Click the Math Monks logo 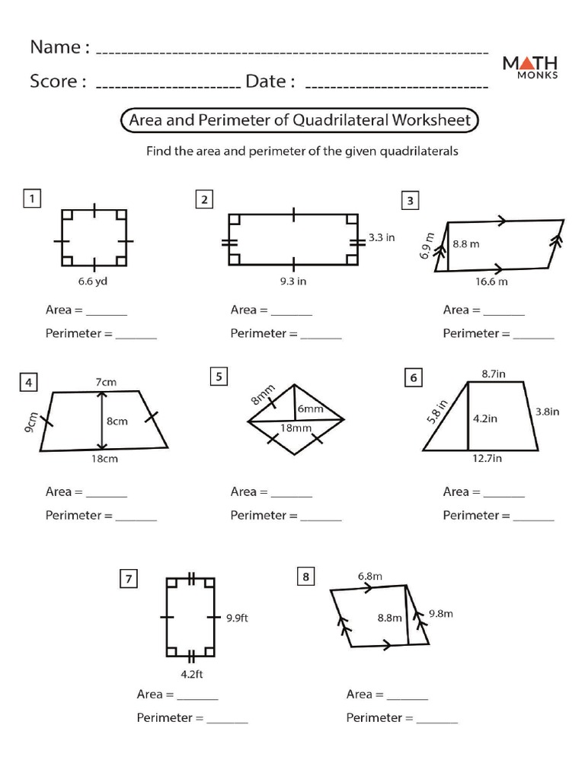[x=530, y=67]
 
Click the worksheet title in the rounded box [x=300, y=120]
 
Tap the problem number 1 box [x=31, y=199]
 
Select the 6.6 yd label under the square [x=94, y=281]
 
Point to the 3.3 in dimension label [x=382, y=237]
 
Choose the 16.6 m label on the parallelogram [x=491, y=281]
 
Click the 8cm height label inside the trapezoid [x=117, y=421]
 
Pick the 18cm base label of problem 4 [x=105, y=459]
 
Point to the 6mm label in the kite [x=310, y=409]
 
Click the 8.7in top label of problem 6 [x=497, y=374]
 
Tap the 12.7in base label [x=487, y=459]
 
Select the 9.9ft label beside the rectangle [x=237, y=618]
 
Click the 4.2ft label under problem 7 [x=191, y=673]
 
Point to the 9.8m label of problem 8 [x=441, y=613]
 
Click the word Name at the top [x=55, y=47]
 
